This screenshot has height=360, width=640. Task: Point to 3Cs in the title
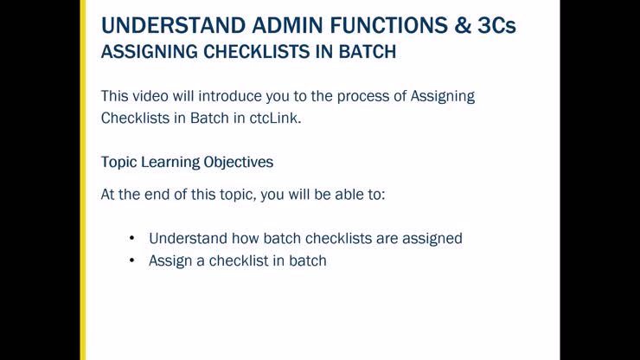click(496, 25)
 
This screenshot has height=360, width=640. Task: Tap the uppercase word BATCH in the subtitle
click(364, 52)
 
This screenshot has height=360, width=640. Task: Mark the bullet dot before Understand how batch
click(131, 238)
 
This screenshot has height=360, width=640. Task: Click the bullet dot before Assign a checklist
click(131, 260)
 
